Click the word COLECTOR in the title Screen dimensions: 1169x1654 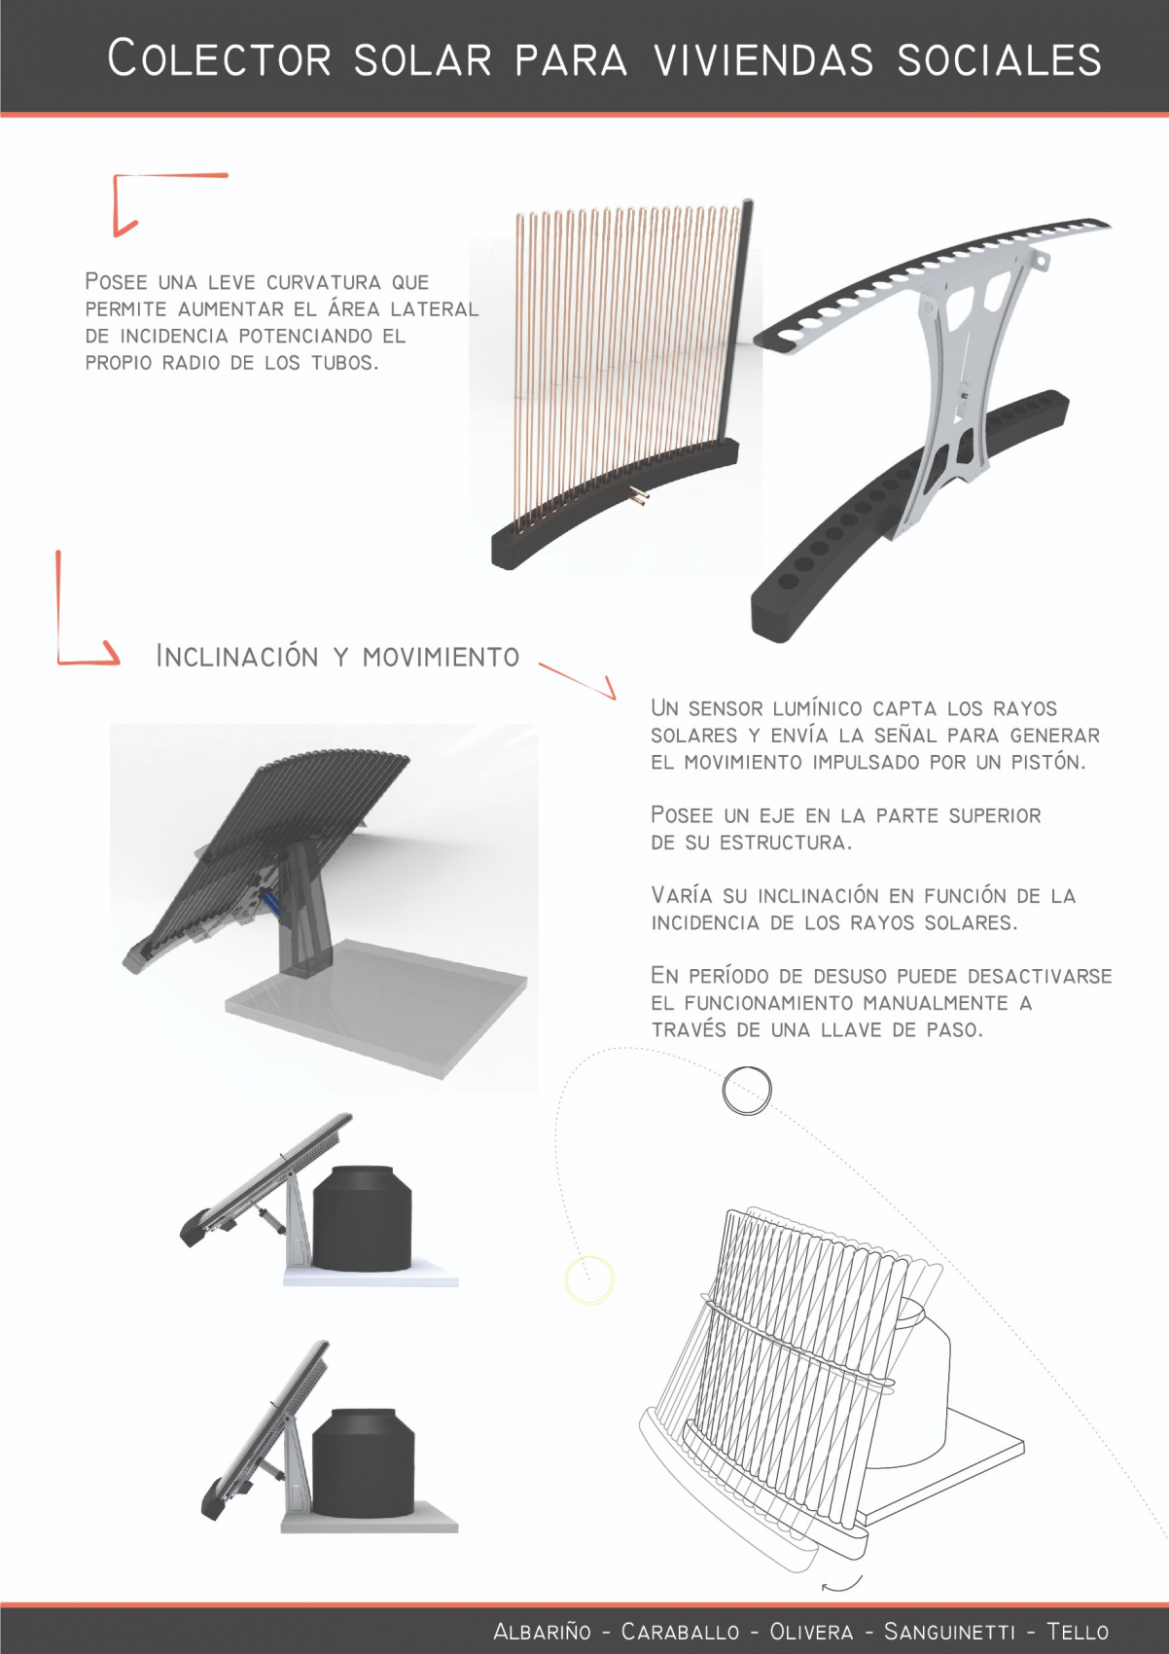tap(220, 58)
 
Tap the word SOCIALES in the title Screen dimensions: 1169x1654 tap(1000, 59)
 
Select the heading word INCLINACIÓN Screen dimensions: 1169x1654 tap(237, 656)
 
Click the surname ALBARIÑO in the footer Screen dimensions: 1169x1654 tap(542, 1631)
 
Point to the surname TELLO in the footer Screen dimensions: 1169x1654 tap(1079, 1631)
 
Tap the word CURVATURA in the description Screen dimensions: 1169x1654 tap(323, 282)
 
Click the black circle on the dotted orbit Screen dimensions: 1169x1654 tap(747, 1090)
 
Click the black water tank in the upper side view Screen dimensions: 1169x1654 tap(363, 1217)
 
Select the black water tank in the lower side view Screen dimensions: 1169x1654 tap(363, 1461)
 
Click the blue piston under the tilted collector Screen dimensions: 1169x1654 tap(271, 902)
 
